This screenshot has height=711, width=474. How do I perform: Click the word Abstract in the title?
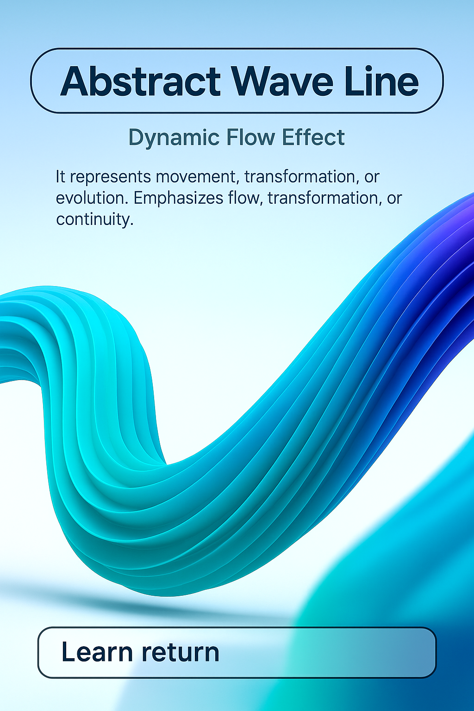(140, 81)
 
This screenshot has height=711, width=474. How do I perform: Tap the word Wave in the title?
(282, 81)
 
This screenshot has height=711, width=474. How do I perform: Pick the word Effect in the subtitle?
(313, 137)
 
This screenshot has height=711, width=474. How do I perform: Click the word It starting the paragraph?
(60, 176)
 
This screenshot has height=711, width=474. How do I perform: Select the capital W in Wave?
(253, 81)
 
